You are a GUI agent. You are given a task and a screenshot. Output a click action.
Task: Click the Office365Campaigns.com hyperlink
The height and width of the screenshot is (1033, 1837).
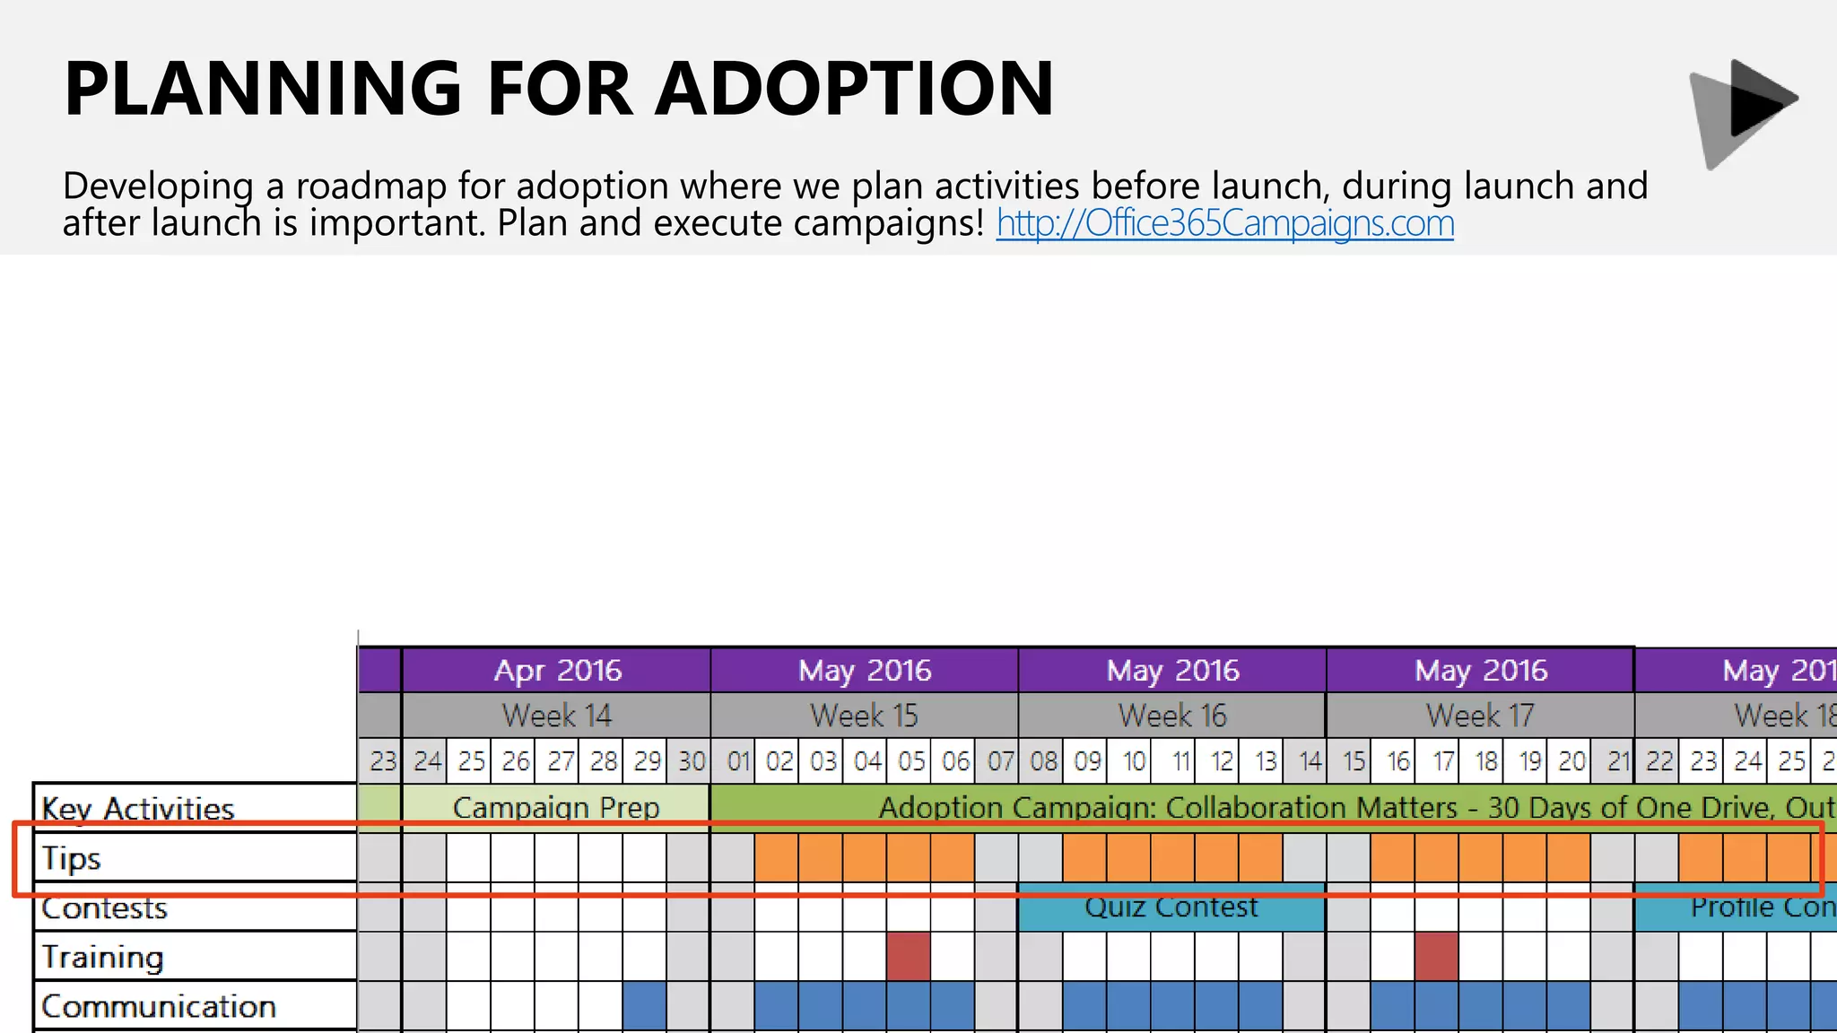[1224, 223]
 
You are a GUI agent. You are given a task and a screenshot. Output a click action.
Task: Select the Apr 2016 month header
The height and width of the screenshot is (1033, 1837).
[556, 670]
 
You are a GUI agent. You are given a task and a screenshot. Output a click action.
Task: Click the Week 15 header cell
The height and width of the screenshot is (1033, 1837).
[864, 716]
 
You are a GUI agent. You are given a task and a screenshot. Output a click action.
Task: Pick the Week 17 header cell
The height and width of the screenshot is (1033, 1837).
[1480, 716]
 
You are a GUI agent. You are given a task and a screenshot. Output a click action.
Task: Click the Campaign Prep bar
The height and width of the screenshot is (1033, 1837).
[556, 806]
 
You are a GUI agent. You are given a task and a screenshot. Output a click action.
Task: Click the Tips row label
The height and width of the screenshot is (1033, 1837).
[72, 858]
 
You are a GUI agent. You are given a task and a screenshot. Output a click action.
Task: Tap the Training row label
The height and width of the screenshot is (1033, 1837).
[102, 957]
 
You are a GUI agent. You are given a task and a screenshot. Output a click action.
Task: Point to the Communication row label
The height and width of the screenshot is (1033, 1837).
[158, 1006]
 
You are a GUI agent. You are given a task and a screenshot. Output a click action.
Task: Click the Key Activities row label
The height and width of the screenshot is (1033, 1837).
[137, 808]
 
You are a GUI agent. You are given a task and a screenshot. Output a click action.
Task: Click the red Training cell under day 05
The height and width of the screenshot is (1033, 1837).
[909, 956]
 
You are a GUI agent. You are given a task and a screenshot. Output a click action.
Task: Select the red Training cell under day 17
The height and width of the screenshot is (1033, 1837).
[1436, 956]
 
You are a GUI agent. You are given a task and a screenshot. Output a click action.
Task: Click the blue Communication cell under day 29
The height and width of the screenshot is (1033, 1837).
[645, 1005]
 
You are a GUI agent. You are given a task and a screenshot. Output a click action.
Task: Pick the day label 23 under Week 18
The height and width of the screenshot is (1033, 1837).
[1702, 761]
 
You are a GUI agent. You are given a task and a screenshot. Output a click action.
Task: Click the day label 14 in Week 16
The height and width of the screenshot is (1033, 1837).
[1309, 761]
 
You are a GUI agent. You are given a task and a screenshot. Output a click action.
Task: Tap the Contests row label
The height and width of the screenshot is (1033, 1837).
[104, 908]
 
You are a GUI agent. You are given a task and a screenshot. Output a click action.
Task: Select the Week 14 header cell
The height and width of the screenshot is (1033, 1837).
[556, 716]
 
